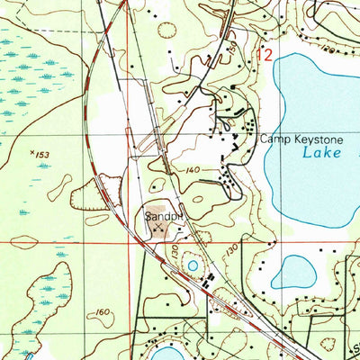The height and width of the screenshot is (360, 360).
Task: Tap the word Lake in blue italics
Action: point(322,154)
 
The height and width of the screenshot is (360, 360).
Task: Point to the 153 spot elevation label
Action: point(39,155)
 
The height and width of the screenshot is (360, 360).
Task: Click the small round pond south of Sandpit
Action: point(192,265)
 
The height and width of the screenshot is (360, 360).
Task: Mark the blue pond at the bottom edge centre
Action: point(171,351)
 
